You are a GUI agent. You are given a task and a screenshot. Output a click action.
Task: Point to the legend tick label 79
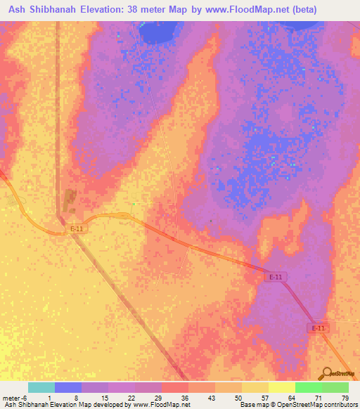[345, 398]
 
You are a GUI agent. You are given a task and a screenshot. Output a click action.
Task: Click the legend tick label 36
[184, 398]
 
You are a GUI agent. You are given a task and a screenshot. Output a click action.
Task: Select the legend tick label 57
[264, 398]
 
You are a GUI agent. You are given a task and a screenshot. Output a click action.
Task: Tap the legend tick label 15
[104, 398]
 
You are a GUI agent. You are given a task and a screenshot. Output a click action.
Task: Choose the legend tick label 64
[291, 398]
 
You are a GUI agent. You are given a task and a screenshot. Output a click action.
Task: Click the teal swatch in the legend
[41, 387]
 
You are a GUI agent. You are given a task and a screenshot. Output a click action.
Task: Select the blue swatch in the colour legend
[68, 387]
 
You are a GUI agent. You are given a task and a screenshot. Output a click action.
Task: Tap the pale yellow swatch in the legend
[282, 387]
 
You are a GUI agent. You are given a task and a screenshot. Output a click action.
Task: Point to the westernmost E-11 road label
[77, 229]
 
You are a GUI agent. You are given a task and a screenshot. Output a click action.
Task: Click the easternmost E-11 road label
[319, 328]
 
